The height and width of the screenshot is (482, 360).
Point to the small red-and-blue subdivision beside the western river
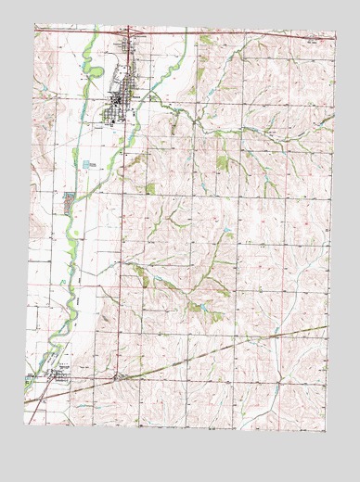(69, 198)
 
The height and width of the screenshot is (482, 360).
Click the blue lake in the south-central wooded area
(194, 306)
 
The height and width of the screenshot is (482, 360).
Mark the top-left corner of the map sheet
(35, 25)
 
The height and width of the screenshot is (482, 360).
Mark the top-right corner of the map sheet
(334, 34)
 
